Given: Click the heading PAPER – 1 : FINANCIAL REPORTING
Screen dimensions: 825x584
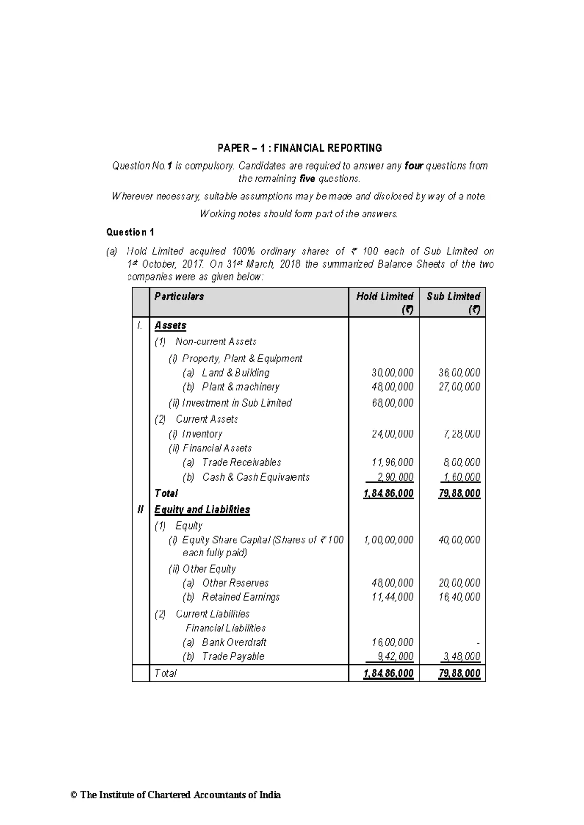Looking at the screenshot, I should (299, 148).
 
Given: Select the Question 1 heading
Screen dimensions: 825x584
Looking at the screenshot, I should (130, 232).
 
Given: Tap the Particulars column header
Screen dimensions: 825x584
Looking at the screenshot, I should (179, 296).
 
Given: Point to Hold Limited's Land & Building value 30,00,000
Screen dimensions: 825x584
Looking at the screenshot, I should (392, 373).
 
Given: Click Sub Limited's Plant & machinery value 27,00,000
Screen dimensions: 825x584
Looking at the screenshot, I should (459, 387).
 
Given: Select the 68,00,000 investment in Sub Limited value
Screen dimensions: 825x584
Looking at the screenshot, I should (392, 403).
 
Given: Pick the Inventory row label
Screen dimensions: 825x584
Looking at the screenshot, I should (202, 434).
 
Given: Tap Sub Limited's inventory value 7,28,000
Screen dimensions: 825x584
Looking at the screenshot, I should (462, 434).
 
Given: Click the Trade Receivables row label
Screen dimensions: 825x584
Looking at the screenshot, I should (241, 462).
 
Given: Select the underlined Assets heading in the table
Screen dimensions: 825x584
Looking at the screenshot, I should (170, 325).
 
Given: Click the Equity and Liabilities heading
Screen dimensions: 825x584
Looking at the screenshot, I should (202, 509).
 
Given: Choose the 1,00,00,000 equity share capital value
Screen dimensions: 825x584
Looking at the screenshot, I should (388, 540).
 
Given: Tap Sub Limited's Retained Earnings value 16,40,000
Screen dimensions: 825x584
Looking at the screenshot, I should (459, 597).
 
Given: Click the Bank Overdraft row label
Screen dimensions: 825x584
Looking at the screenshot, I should (234, 642).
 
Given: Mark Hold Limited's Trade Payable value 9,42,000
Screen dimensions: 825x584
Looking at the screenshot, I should (395, 656).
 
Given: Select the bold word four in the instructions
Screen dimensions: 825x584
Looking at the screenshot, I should (414, 166).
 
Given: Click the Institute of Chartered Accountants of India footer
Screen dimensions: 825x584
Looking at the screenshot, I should (176, 795).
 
